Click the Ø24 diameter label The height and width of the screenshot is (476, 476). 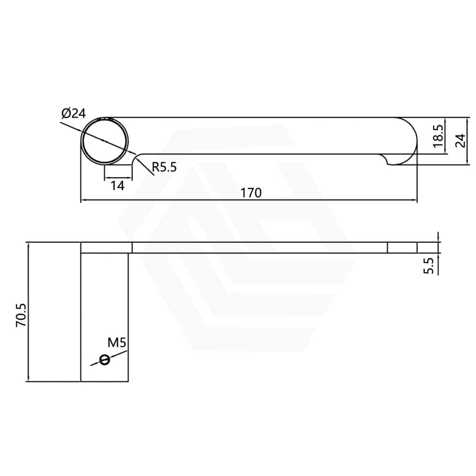[x=74, y=114]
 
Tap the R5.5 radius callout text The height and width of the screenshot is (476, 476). [x=164, y=167]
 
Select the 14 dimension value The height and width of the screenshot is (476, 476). [x=117, y=186]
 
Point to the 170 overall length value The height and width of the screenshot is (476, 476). [x=251, y=193]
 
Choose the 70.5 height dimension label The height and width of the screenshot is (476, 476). [x=21, y=315]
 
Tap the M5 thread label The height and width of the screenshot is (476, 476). [x=117, y=343]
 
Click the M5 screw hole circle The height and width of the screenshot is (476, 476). [x=104, y=360]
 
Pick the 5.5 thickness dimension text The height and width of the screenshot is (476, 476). [x=430, y=265]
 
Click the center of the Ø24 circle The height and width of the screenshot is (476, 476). [x=105, y=141]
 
